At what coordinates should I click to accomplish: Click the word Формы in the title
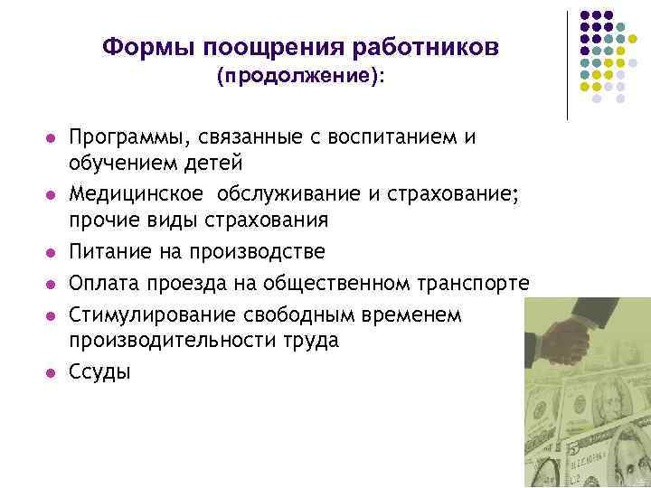(x=149, y=47)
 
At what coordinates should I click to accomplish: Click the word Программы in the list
(x=125, y=137)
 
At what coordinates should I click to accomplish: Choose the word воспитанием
(x=386, y=137)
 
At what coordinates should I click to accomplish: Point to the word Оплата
(x=103, y=284)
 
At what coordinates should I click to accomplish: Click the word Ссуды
(x=100, y=371)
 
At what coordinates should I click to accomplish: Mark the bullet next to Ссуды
(x=51, y=372)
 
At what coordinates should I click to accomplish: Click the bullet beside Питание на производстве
(x=51, y=252)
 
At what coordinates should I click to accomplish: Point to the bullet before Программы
(x=51, y=138)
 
